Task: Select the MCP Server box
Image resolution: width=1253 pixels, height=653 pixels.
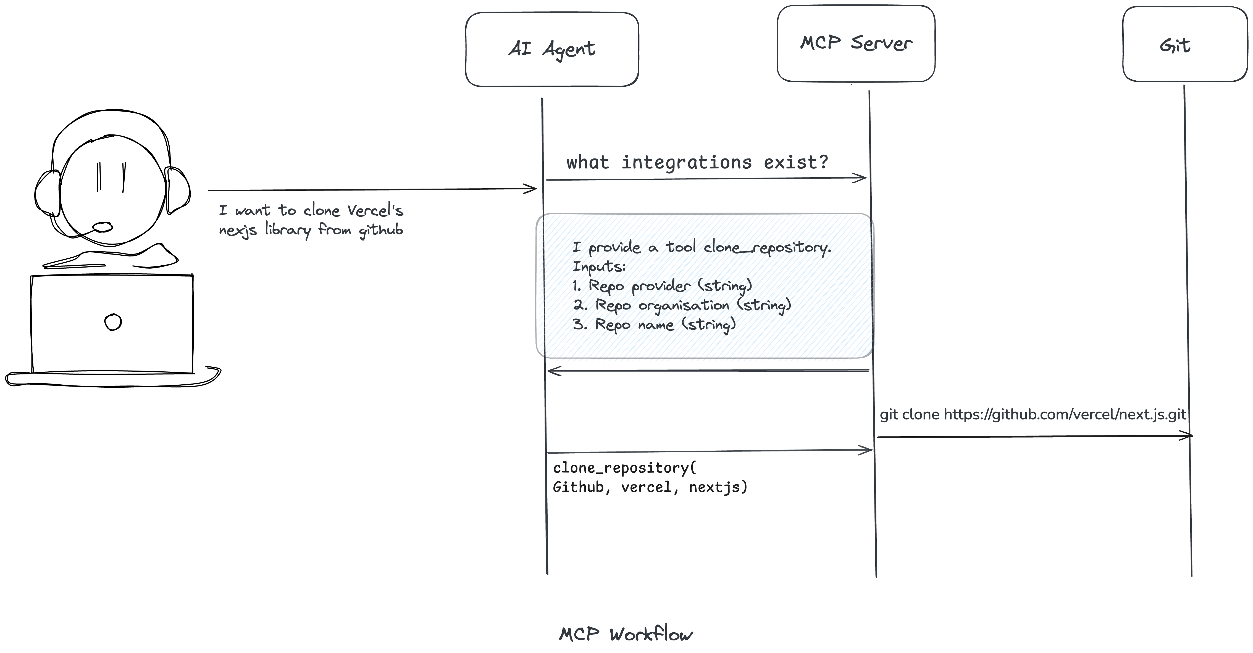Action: pos(856,44)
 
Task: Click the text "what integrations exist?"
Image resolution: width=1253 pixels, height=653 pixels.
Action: pos(697,162)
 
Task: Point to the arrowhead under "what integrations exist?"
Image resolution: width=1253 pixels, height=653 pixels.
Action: pos(861,178)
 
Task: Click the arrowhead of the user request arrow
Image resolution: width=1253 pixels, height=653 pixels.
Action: pos(531,189)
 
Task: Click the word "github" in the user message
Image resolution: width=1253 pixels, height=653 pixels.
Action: pos(381,230)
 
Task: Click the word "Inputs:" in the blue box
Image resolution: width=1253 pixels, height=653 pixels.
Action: pos(599,267)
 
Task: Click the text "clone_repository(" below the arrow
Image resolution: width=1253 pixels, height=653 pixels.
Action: pos(624,468)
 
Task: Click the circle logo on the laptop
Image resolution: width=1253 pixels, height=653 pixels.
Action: pos(113,322)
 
